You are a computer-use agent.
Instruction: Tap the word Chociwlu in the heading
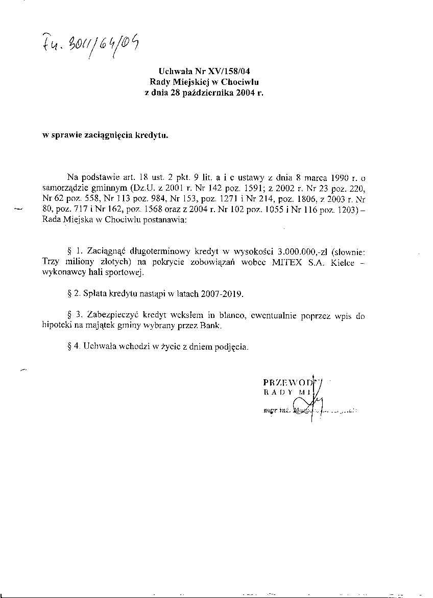point(244,82)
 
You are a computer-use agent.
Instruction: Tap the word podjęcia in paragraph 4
point(231,347)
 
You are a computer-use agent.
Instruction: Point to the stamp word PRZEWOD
point(288,382)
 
